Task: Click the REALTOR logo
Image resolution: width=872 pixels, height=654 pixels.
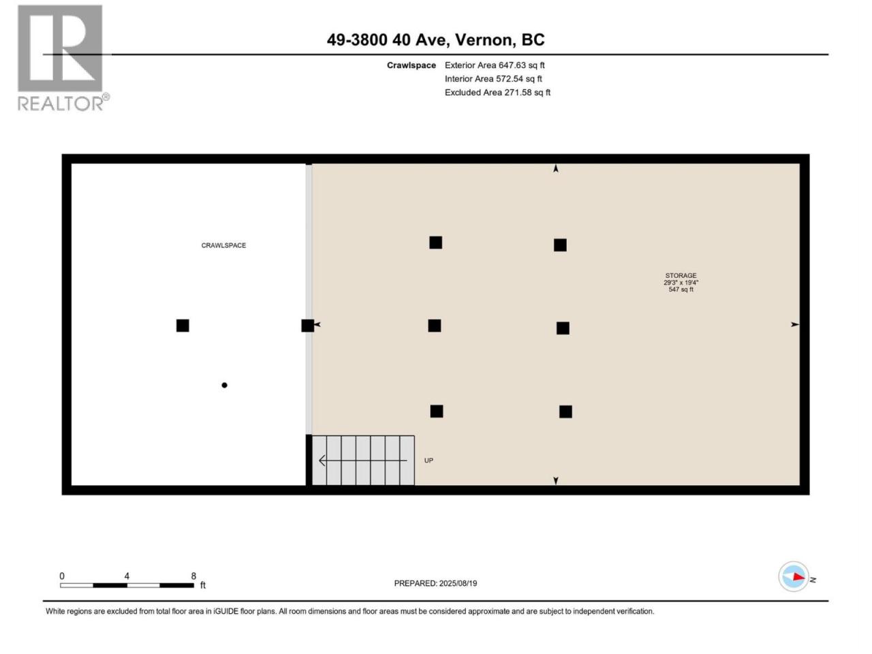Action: [x=63, y=58]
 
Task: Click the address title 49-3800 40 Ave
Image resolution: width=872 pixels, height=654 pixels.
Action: [x=388, y=40]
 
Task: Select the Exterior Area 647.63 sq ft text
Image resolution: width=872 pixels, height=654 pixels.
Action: [x=495, y=65]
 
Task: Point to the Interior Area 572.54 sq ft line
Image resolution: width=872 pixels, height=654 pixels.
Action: [x=493, y=78]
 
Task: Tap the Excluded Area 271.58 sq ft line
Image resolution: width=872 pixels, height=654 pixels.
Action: [x=497, y=93]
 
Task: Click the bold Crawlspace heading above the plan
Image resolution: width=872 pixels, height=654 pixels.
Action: [x=411, y=65]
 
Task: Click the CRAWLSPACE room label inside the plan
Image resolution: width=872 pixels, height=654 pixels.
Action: [x=223, y=245]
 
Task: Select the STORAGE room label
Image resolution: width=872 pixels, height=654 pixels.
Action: [x=681, y=275]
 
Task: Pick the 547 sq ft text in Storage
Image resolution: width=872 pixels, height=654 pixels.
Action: [x=681, y=290]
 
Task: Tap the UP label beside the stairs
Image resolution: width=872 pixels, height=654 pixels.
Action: [x=429, y=461]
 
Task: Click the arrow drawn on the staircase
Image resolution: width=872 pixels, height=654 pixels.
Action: [x=363, y=461]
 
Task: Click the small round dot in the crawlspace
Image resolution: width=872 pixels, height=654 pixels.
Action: [x=224, y=385]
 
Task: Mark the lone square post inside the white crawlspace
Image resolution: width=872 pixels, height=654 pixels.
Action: [x=183, y=326]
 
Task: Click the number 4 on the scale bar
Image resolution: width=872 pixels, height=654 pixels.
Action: [x=127, y=576]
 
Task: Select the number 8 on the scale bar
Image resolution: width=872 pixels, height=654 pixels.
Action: [x=193, y=576]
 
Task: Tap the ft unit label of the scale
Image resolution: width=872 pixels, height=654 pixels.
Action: [x=203, y=585]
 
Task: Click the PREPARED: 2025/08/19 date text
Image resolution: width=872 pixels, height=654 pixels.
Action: [x=435, y=583]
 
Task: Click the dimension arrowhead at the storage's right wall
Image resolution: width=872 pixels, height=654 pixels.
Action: [x=794, y=324]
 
